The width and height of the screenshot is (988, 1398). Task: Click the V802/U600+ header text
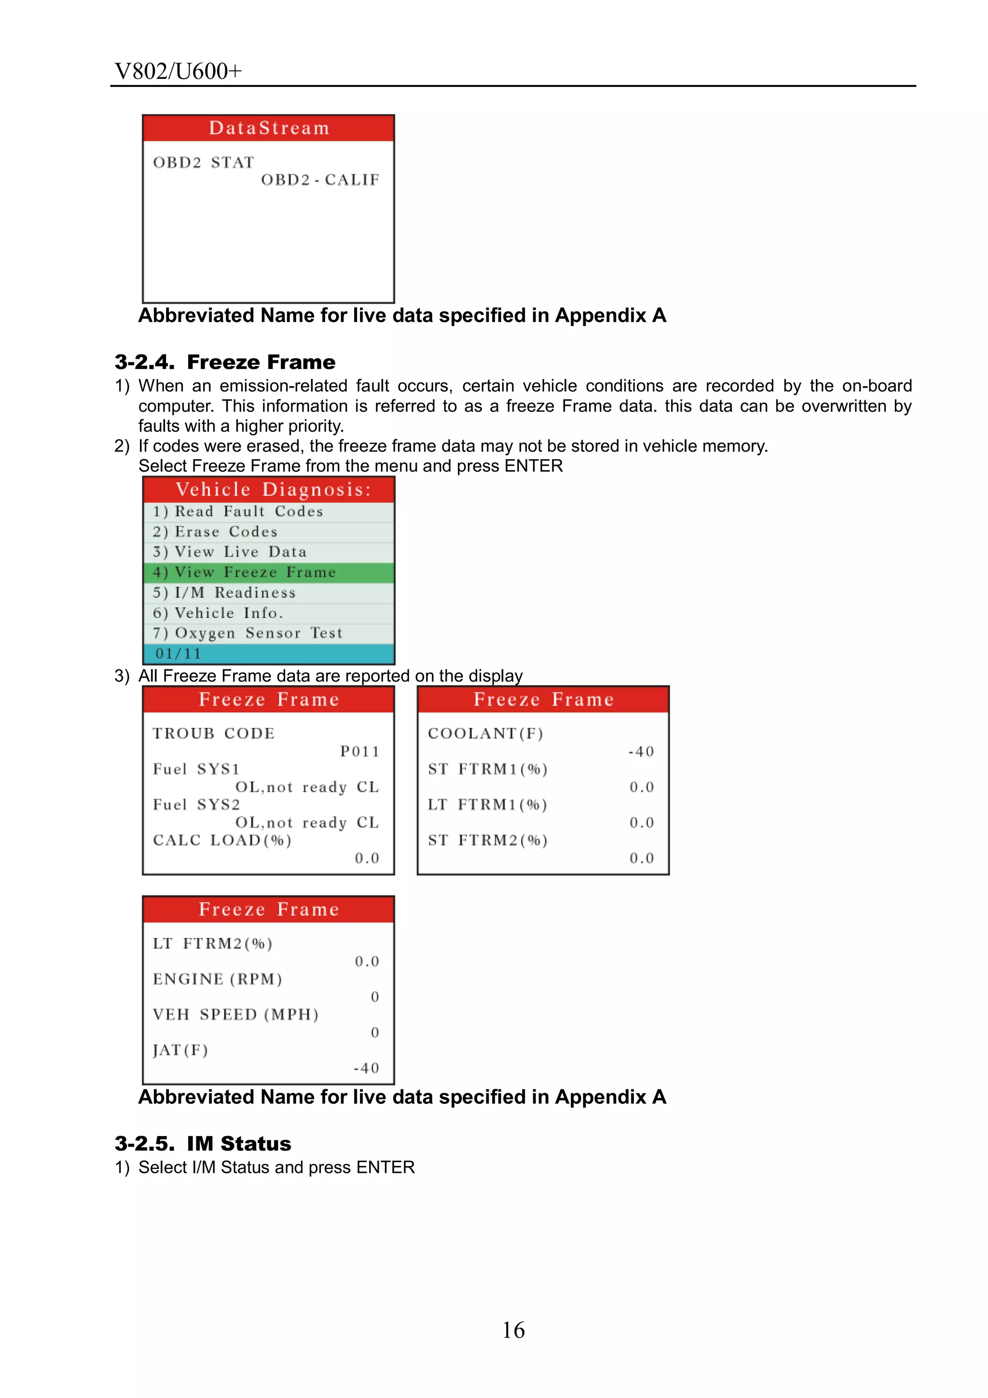pyautogui.click(x=178, y=71)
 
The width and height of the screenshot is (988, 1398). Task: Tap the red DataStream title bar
pyautogui.click(x=269, y=128)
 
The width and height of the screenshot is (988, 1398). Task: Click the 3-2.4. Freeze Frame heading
pyautogui.click(x=225, y=362)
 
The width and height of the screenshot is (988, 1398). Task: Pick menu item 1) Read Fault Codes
pyautogui.click(x=237, y=512)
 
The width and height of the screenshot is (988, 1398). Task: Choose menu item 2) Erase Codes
pyautogui.click(x=215, y=531)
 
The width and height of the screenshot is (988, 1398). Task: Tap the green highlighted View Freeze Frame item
pyautogui.click(x=269, y=572)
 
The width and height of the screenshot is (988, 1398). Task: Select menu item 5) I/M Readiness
pyautogui.click(x=224, y=593)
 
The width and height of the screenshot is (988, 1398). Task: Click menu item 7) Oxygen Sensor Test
pyautogui.click(x=247, y=633)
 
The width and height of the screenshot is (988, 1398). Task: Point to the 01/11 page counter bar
pyautogui.click(x=269, y=654)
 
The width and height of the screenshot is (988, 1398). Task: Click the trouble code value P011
pyautogui.click(x=359, y=751)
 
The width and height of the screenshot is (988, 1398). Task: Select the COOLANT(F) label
pyautogui.click(x=485, y=733)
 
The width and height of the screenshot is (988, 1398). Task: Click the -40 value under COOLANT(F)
pyautogui.click(x=641, y=751)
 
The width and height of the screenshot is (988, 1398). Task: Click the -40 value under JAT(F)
pyautogui.click(x=366, y=1068)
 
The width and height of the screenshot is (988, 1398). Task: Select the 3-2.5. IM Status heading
pyautogui.click(x=203, y=1143)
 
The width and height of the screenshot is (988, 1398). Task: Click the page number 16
pyautogui.click(x=513, y=1330)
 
